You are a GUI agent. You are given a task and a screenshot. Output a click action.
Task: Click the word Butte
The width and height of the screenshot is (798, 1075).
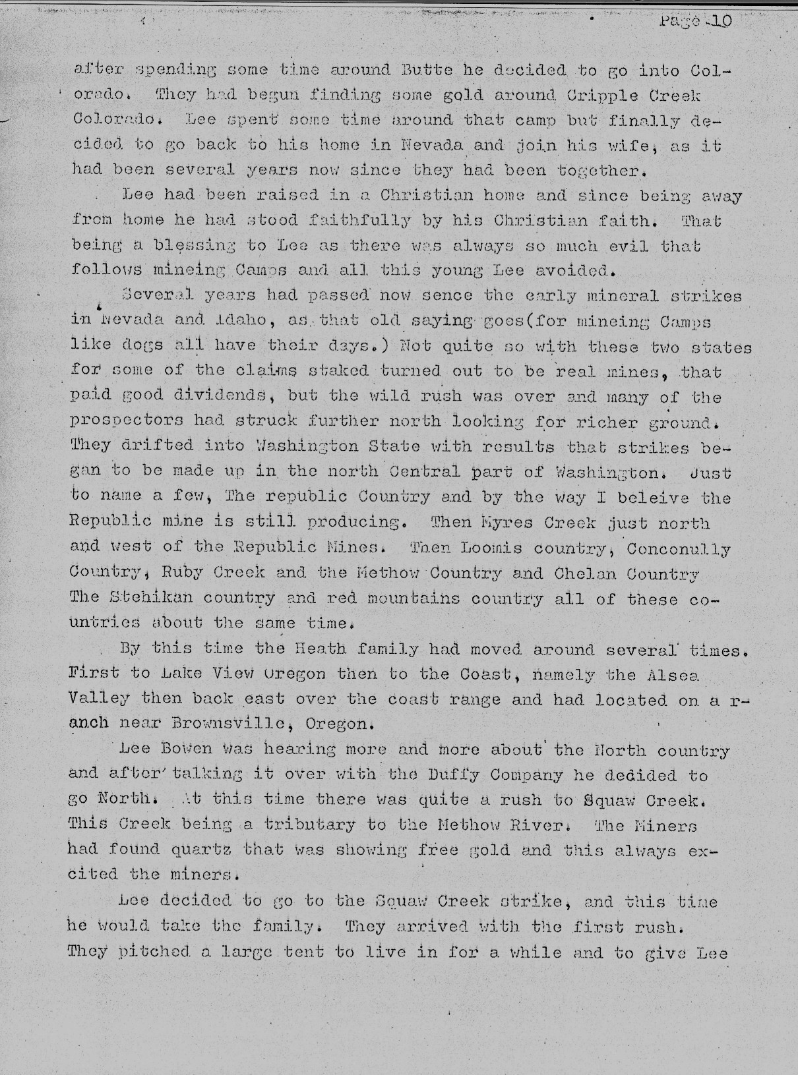(x=425, y=70)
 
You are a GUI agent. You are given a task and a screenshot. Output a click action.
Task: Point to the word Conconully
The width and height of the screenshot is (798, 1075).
(x=678, y=548)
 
